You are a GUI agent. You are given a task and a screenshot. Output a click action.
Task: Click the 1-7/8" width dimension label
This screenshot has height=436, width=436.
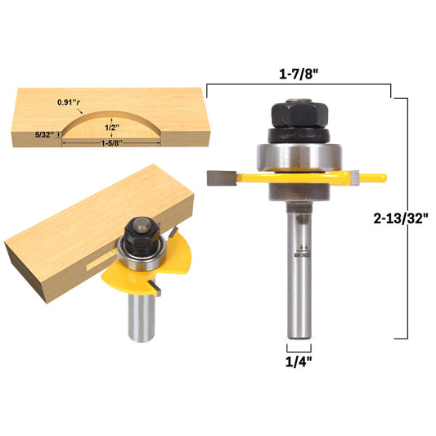pos(298,74)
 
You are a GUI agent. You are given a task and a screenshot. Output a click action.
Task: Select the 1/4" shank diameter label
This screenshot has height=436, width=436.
pos(299,362)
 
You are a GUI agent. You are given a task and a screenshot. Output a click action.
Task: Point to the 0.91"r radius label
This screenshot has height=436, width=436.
pos(69,102)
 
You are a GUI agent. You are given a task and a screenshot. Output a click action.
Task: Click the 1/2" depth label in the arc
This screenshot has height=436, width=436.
pos(112,128)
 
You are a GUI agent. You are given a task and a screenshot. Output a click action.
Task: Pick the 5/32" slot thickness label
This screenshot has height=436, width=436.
pos(44,135)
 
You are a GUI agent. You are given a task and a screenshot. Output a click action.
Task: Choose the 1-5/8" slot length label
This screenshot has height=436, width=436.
pos(112,143)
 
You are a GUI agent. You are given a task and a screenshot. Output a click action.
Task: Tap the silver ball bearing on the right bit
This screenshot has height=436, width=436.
pos(299,156)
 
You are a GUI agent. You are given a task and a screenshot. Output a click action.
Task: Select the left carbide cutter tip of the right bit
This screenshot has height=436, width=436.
pos(222,178)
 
